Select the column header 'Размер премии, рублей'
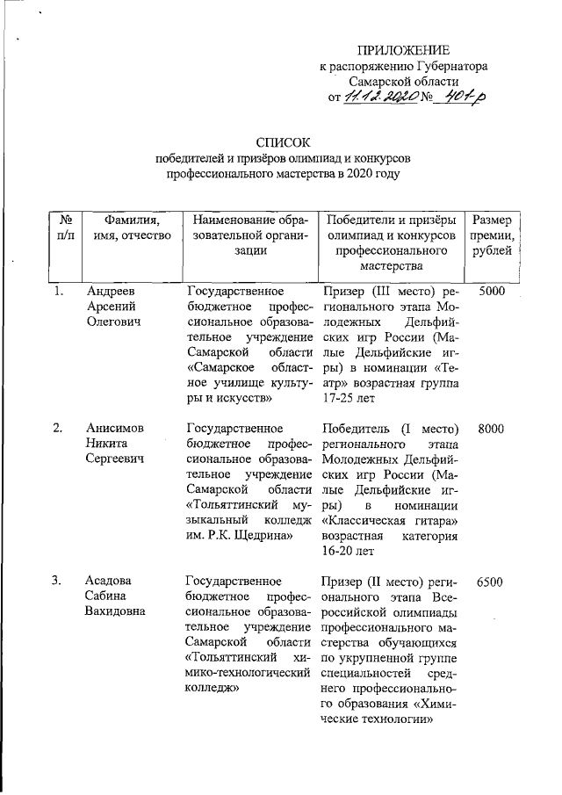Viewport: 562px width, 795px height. click(x=493, y=236)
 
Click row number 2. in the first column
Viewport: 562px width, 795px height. click(x=57, y=428)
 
